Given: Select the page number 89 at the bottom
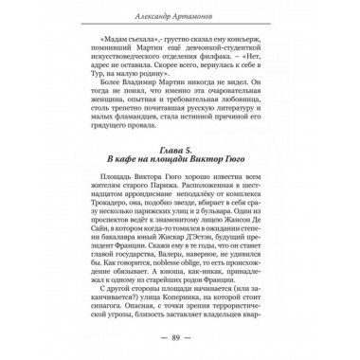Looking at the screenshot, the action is (x=180, y=336).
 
